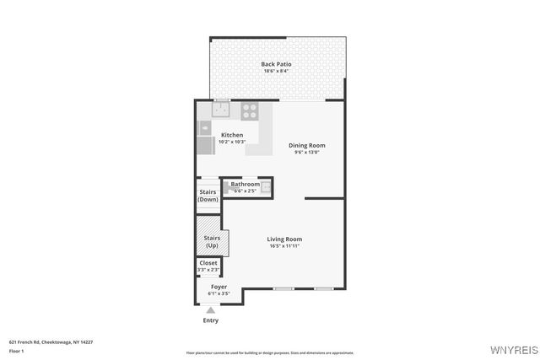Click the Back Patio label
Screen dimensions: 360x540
[x=276, y=64]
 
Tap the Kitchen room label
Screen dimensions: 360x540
[x=231, y=135]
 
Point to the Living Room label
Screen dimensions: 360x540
[x=285, y=239]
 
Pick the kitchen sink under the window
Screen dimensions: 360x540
[x=220, y=110]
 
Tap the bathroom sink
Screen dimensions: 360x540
[x=265, y=187]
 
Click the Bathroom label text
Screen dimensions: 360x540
[x=245, y=184]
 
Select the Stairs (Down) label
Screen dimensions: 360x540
[x=208, y=196]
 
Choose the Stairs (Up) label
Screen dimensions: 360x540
[x=212, y=242]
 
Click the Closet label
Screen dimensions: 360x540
[x=208, y=263]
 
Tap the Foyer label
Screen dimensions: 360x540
[x=219, y=287]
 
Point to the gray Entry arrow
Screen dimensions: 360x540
[x=211, y=310]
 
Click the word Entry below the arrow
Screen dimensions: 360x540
[x=211, y=320]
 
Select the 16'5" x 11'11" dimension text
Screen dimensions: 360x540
[x=285, y=246]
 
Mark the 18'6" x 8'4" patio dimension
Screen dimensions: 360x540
[x=276, y=72]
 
